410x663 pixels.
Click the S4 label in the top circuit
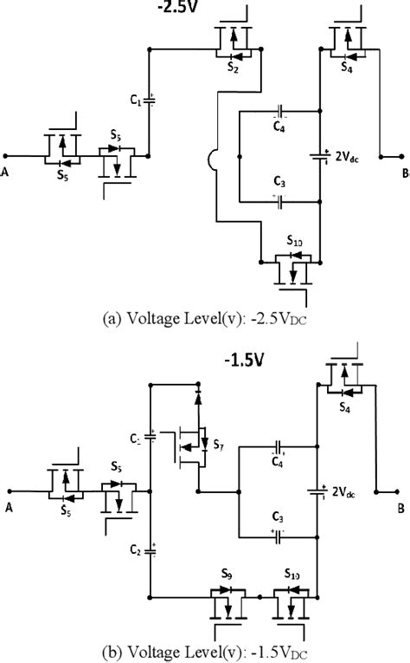click(x=347, y=65)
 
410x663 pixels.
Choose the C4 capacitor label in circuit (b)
click(x=279, y=462)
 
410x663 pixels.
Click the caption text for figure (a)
click(x=204, y=318)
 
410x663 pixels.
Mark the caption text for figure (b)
click(x=204, y=652)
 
